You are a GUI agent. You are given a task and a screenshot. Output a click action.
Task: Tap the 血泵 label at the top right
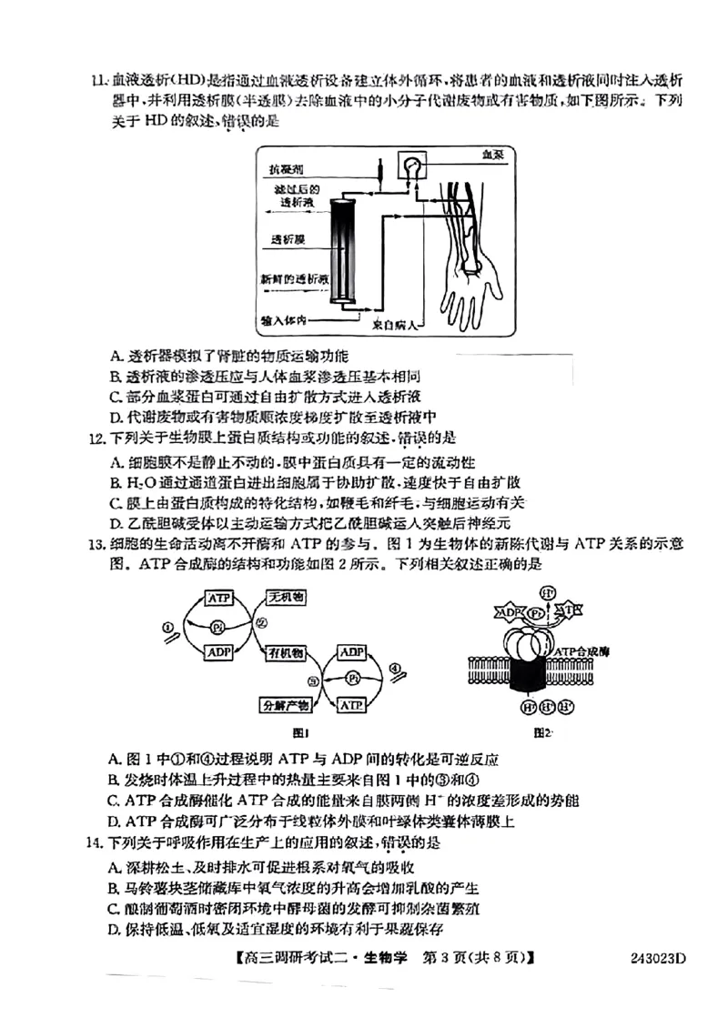tap(493, 156)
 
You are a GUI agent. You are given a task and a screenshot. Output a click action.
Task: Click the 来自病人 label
tap(395, 323)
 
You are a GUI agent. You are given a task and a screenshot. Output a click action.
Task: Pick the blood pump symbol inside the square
tap(414, 167)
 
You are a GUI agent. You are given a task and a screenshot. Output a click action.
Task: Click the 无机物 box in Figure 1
tap(285, 598)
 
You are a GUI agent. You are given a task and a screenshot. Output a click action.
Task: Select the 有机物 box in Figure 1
tap(285, 652)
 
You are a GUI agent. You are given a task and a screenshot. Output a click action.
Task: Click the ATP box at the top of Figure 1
tap(218, 598)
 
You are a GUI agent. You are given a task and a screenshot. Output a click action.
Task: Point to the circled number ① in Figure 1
tap(167, 627)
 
